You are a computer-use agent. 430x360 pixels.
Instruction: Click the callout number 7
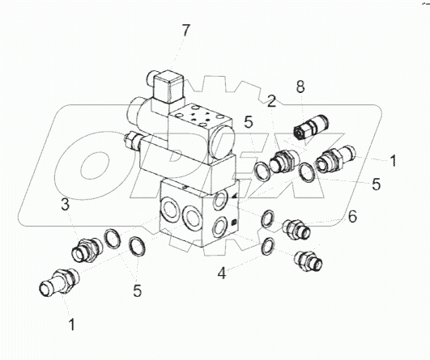click(185, 31)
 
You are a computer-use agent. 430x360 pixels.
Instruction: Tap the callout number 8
click(300, 87)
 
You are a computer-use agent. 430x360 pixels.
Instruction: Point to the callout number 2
click(271, 102)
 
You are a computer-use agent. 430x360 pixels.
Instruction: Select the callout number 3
click(65, 205)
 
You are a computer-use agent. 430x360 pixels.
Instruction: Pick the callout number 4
click(222, 273)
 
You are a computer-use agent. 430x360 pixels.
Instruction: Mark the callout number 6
click(352, 217)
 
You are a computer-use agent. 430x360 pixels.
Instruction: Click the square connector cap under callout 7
click(168, 87)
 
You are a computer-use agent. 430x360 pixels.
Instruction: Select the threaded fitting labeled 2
click(282, 161)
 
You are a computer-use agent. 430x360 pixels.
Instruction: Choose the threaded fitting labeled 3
click(87, 250)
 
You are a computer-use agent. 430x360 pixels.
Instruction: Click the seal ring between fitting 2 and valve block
click(262, 171)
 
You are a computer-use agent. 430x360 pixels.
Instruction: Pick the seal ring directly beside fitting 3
click(112, 239)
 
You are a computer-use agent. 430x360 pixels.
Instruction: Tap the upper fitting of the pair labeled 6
click(296, 228)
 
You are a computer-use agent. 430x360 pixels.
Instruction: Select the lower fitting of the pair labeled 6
click(308, 261)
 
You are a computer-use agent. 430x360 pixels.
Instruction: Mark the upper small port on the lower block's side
click(220, 201)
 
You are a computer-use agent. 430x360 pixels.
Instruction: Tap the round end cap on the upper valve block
click(222, 143)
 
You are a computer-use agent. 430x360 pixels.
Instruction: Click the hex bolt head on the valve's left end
click(132, 140)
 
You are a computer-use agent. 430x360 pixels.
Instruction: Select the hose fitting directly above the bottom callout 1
click(58, 282)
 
